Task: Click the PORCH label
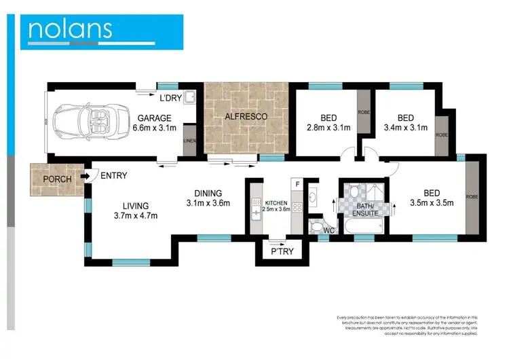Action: pyautogui.click(x=57, y=179)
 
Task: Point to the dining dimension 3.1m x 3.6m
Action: pyautogui.click(x=208, y=202)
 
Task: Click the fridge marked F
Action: pyautogui.click(x=297, y=184)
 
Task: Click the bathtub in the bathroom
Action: pyautogui.click(x=366, y=227)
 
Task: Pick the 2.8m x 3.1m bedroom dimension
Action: pyautogui.click(x=328, y=127)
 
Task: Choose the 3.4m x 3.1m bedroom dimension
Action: pyautogui.click(x=405, y=127)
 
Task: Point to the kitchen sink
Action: pyautogui.click(x=255, y=213)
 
